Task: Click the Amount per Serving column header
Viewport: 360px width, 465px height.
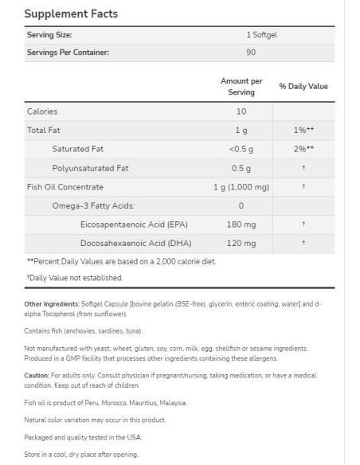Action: coord(241,87)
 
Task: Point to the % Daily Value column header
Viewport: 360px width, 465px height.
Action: coord(303,87)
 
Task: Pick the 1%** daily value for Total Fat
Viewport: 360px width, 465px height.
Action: coord(303,130)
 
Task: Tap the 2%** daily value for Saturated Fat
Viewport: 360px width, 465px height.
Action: coord(303,149)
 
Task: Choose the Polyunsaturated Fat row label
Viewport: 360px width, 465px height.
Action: coord(90,168)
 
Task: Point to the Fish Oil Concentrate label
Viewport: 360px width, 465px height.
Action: coord(65,187)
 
